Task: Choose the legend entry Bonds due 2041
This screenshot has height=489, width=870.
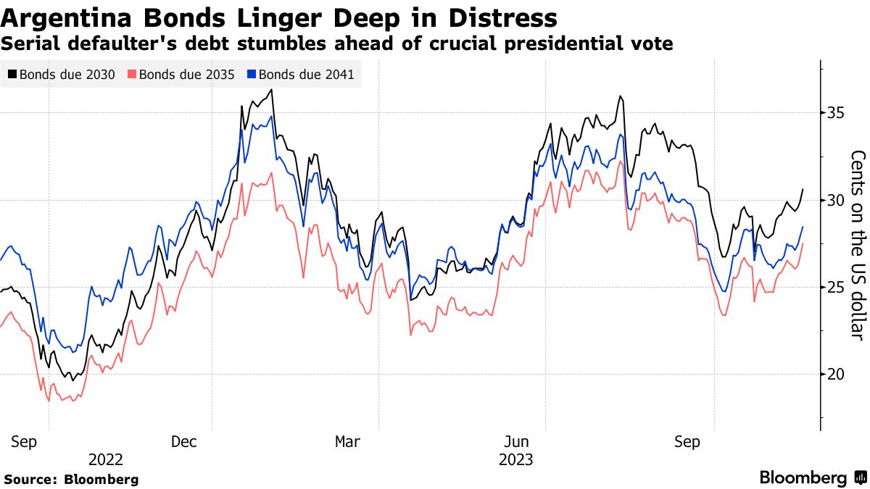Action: pyautogui.click(x=305, y=74)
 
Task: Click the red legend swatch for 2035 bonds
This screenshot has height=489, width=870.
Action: pyautogui.click(x=132, y=74)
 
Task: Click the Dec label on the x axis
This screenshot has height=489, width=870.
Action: pyautogui.click(x=186, y=441)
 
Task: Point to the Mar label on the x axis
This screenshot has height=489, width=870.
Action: pyautogui.click(x=347, y=441)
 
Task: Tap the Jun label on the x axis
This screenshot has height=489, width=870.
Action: pyautogui.click(x=515, y=441)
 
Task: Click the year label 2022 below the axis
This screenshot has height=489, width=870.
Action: pyautogui.click(x=105, y=459)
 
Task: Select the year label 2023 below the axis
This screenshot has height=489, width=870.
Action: pyautogui.click(x=515, y=459)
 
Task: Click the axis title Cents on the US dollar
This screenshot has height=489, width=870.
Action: pyautogui.click(x=858, y=244)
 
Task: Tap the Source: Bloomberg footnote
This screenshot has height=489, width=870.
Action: pyautogui.click(x=71, y=479)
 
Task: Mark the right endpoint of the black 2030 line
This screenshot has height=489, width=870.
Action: pyautogui.click(x=803, y=189)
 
